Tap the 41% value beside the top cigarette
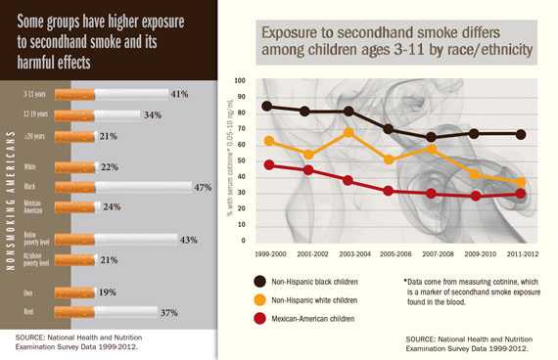[x=178, y=95]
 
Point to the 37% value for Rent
[x=167, y=312]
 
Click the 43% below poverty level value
[x=189, y=240]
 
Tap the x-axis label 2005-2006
[x=395, y=252]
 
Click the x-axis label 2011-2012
[x=521, y=252]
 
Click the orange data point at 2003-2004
[x=349, y=132]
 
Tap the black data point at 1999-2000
[x=268, y=106]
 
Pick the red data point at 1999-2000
[x=268, y=165]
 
